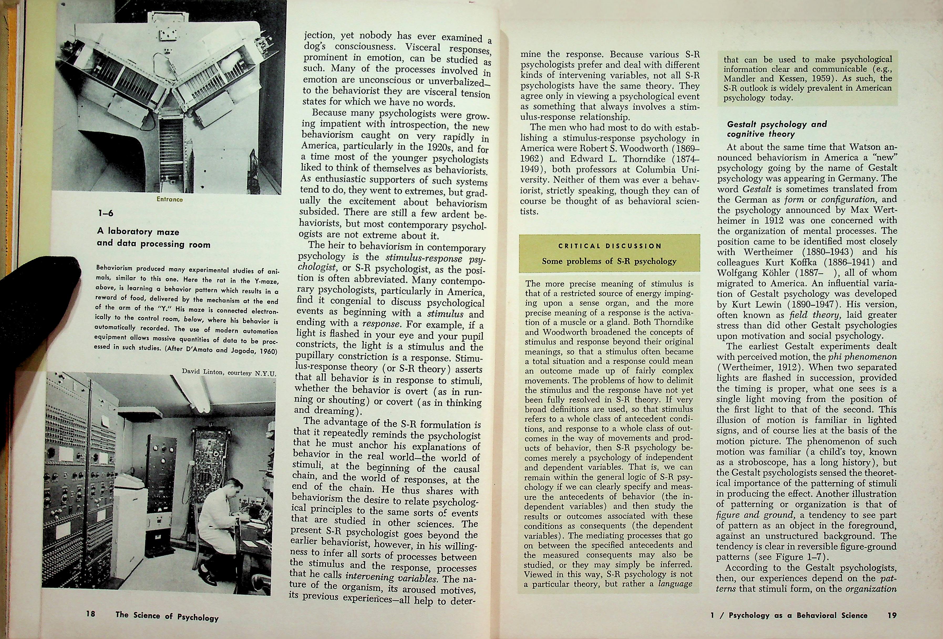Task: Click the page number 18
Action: click(x=90, y=614)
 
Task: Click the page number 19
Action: click(x=892, y=615)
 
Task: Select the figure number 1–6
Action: click(x=106, y=214)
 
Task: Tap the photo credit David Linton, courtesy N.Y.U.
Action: click(x=228, y=372)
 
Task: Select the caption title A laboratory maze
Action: click(x=138, y=232)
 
